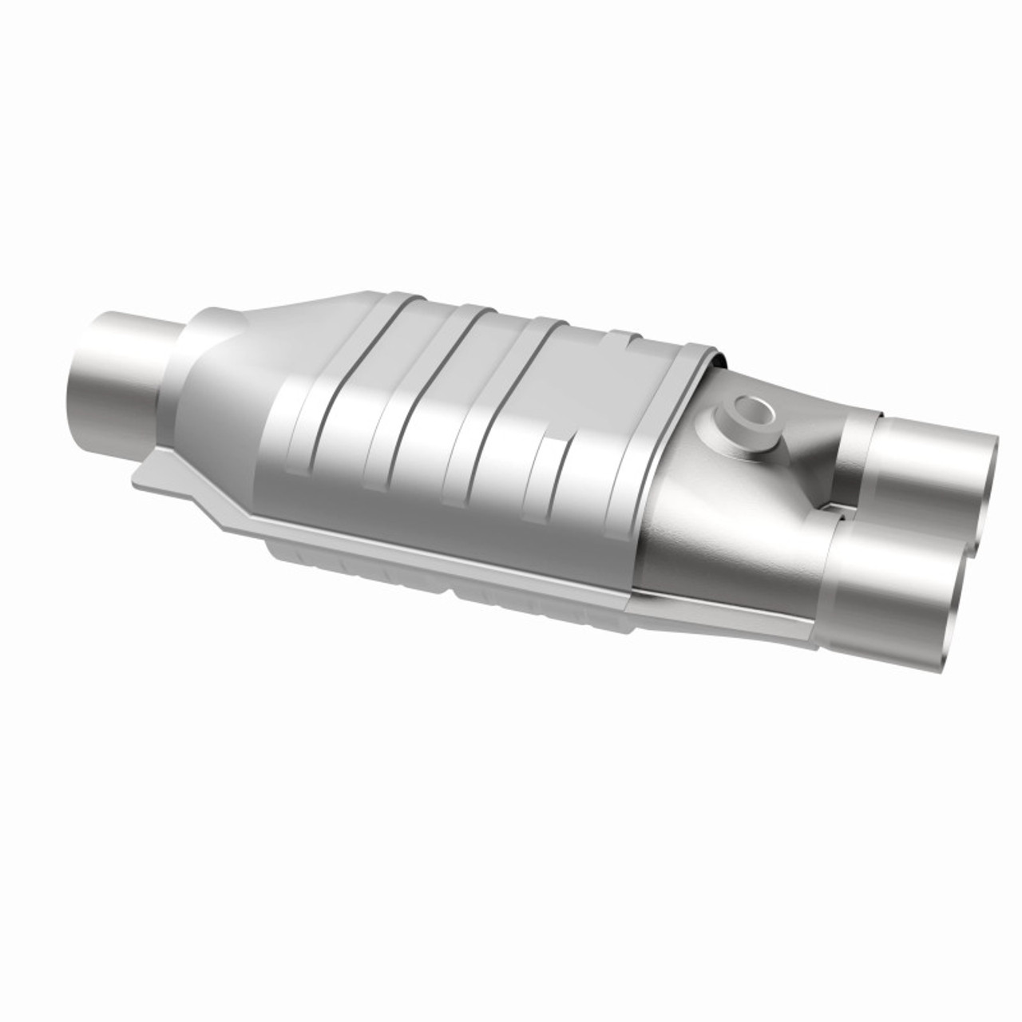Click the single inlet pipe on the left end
point(120,375)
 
